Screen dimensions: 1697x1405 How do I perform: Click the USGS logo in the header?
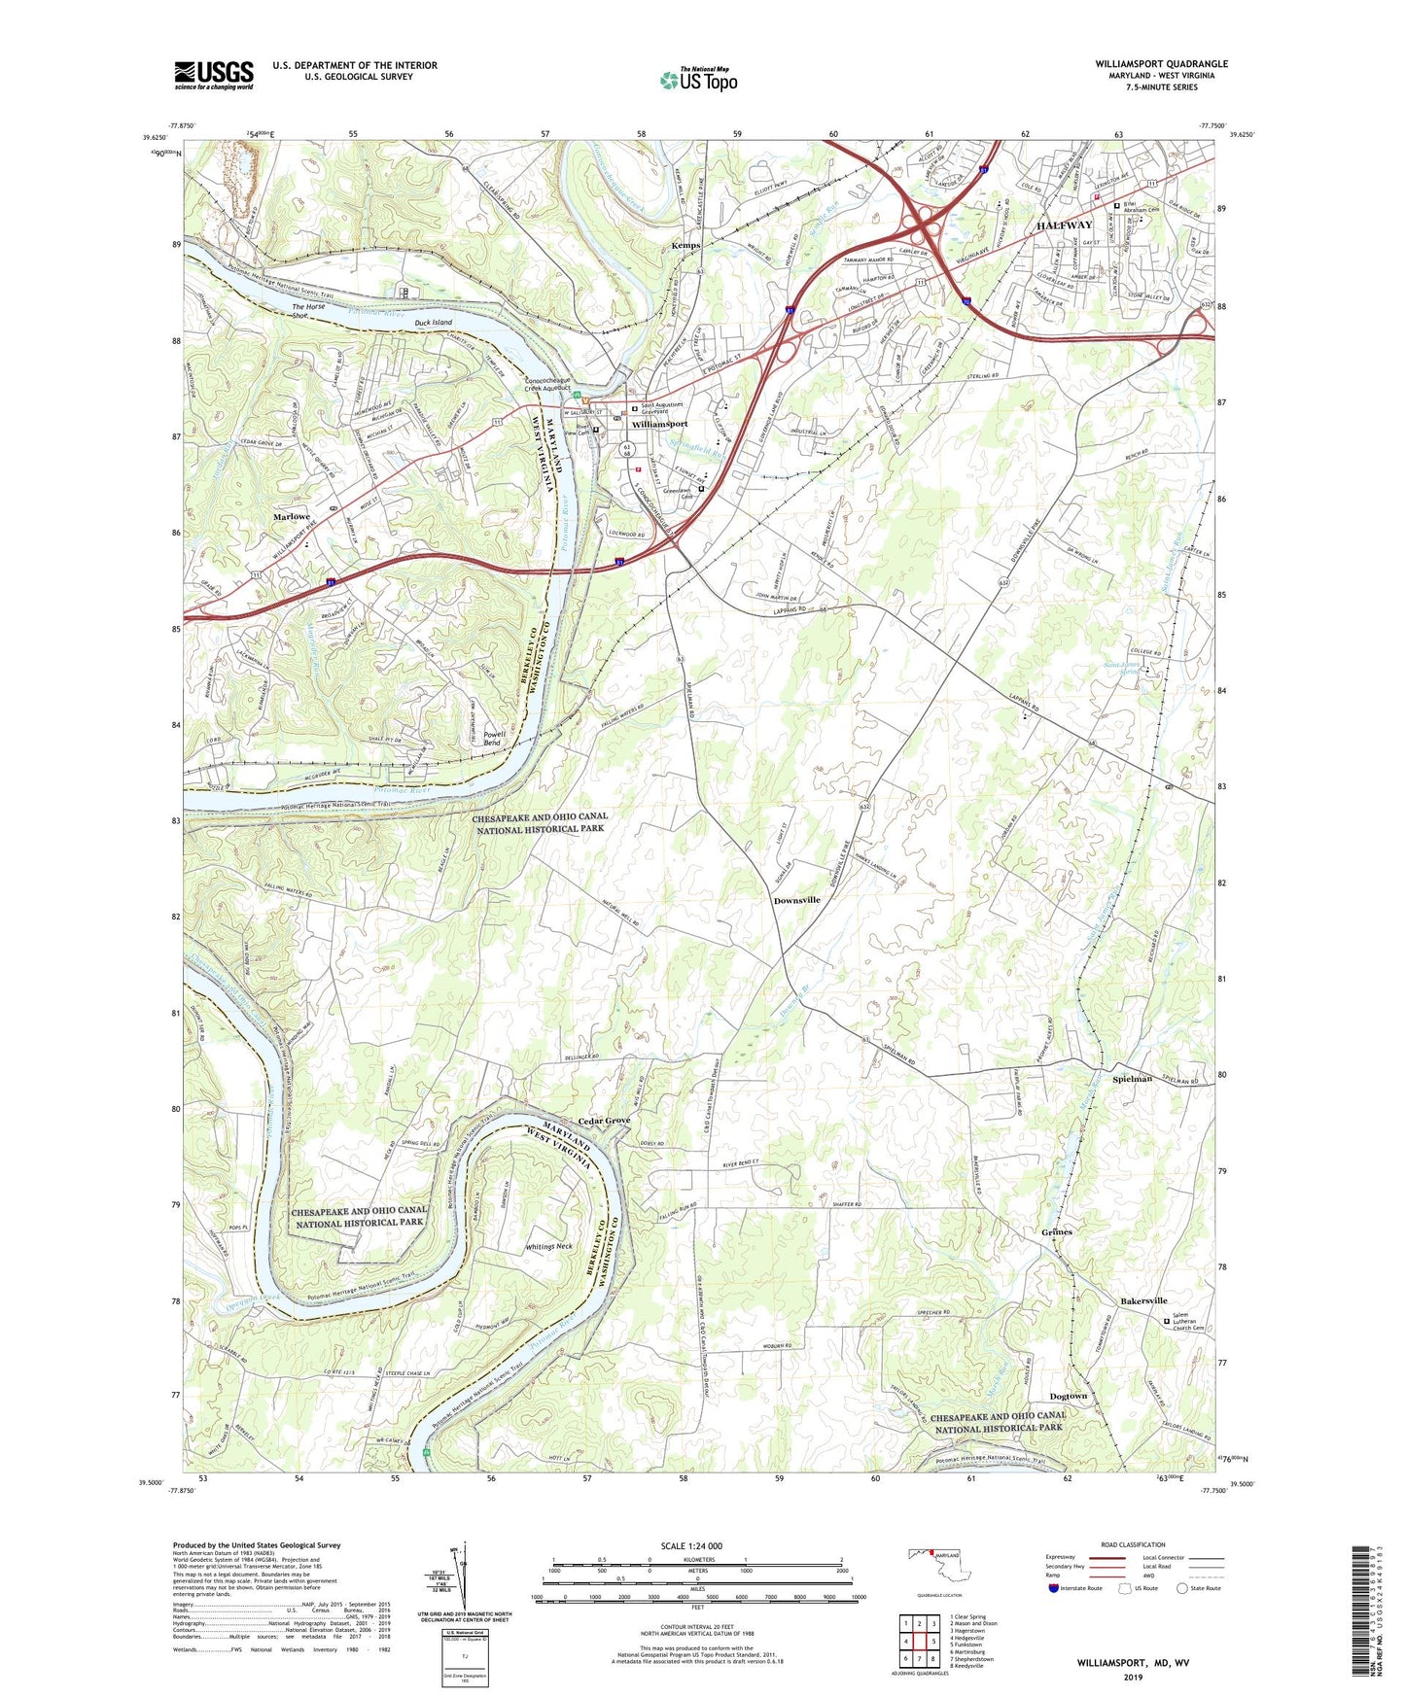[213, 75]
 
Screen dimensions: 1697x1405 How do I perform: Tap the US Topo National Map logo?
[697, 79]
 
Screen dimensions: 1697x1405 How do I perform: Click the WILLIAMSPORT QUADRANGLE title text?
[1161, 64]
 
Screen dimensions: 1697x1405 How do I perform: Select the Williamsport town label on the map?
[659, 425]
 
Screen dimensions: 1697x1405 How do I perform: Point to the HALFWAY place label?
[1065, 225]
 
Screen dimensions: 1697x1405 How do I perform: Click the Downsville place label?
[796, 900]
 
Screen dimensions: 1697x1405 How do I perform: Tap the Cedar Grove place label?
[604, 1121]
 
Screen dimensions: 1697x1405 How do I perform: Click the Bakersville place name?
[1142, 1300]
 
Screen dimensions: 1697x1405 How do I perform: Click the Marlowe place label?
[291, 517]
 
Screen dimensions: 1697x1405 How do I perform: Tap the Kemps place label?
[685, 246]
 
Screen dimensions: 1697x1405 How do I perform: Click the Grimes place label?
[1056, 1231]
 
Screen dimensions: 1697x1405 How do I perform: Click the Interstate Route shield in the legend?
[1054, 1588]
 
